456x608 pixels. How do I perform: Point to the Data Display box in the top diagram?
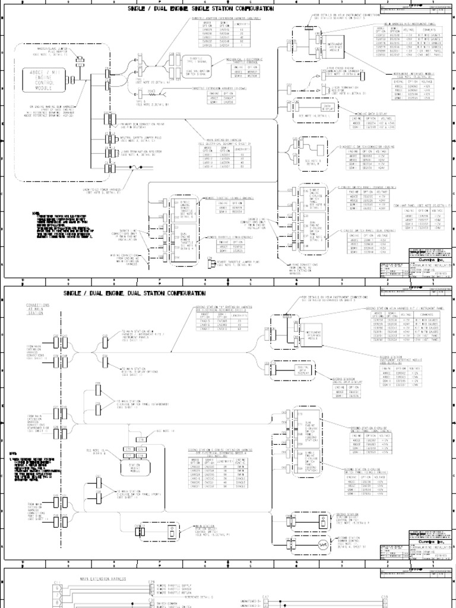325,107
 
